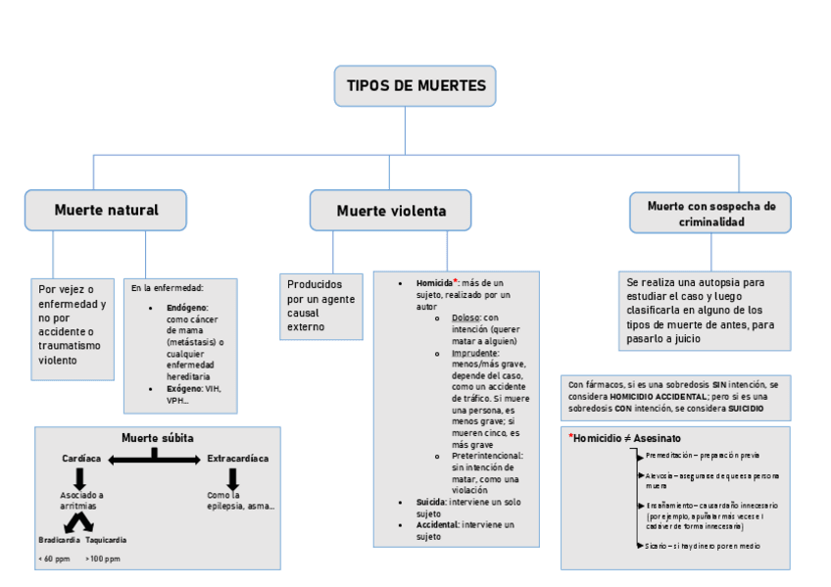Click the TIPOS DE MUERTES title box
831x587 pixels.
[x=415, y=86]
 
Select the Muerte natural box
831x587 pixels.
[x=106, y=210]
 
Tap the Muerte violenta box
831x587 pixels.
[x=391, y=211]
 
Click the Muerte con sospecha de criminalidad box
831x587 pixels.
[x=710, y=214]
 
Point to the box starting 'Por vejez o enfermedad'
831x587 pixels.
[x=72, y=324]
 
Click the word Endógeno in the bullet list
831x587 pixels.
[x=187, y=308]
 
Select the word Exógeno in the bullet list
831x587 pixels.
[x=183, y=389]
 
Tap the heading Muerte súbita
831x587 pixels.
[x=157, y=437]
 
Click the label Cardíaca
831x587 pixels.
[x=81, y=459]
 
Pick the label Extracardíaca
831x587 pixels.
[x=237, y=459]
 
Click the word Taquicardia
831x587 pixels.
[x=106, y=540]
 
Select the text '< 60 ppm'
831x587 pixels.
[x=54, y=559]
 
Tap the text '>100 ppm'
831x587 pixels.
[x=103, y=559]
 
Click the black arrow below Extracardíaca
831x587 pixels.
[x=233, y=478]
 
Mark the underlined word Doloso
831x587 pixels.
[x=465, y=318]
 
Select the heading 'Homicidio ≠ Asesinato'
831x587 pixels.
[x=626, y=438]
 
